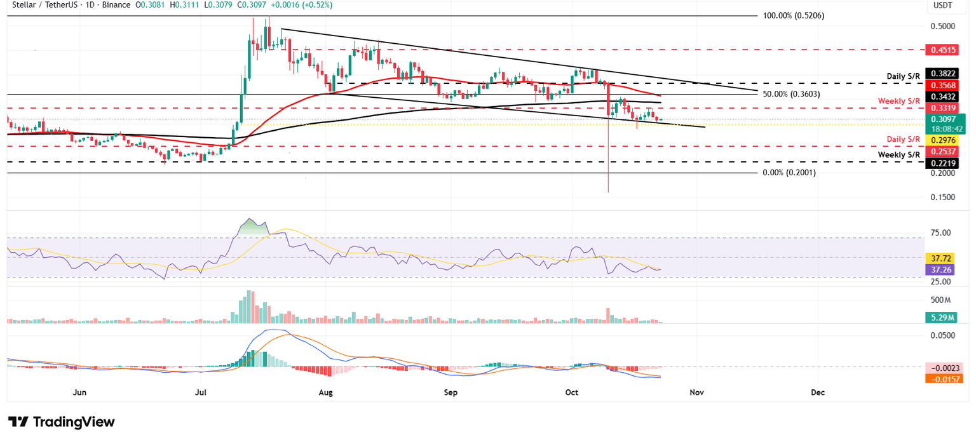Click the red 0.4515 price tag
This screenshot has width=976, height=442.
tap(944, 49)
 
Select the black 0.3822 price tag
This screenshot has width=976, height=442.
tap(944, 74)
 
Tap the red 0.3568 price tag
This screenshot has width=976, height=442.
tap(944, 85)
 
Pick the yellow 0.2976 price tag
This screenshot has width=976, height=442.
tap(944, 140)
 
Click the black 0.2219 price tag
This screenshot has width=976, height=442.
tap(944, 163)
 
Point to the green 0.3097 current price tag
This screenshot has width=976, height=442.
tap(944, 119)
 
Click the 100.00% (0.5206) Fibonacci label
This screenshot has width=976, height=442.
tap(794, 15)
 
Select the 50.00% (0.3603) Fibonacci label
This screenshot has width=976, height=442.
tap(792, 94)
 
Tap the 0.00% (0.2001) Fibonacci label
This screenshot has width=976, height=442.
tap(789, 173)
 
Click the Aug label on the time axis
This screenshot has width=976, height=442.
tap(326, 392)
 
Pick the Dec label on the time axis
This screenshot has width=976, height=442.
tap(818, 392)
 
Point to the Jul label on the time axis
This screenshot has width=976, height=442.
tap(201, 392)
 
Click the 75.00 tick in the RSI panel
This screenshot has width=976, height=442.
tap(941, 233)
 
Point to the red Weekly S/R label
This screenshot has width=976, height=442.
tap(899, 101)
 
